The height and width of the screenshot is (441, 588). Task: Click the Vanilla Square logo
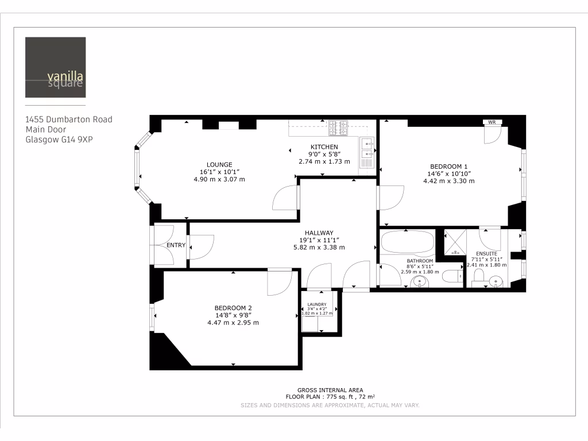coord(55,67)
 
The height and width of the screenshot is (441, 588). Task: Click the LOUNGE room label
coord(219,164)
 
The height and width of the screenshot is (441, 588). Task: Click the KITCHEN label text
coord(324,147)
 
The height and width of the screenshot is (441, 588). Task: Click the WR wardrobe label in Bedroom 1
coord(492,122)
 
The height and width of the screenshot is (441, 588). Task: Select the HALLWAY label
coord(319,233)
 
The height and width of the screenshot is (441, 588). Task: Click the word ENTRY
coord(176,245)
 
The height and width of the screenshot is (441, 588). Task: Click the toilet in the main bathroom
coord(453,277)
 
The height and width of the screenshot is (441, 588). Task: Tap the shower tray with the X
coord(457,243)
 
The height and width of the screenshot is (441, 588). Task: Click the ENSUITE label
coord(486,253)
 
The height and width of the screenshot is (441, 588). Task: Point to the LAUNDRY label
coord(317,304)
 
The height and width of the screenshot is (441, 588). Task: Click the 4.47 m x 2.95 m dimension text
coord(233,323)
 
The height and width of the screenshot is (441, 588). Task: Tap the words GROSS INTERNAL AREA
coord(330,390)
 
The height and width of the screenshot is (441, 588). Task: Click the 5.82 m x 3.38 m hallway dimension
coord(319,247)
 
